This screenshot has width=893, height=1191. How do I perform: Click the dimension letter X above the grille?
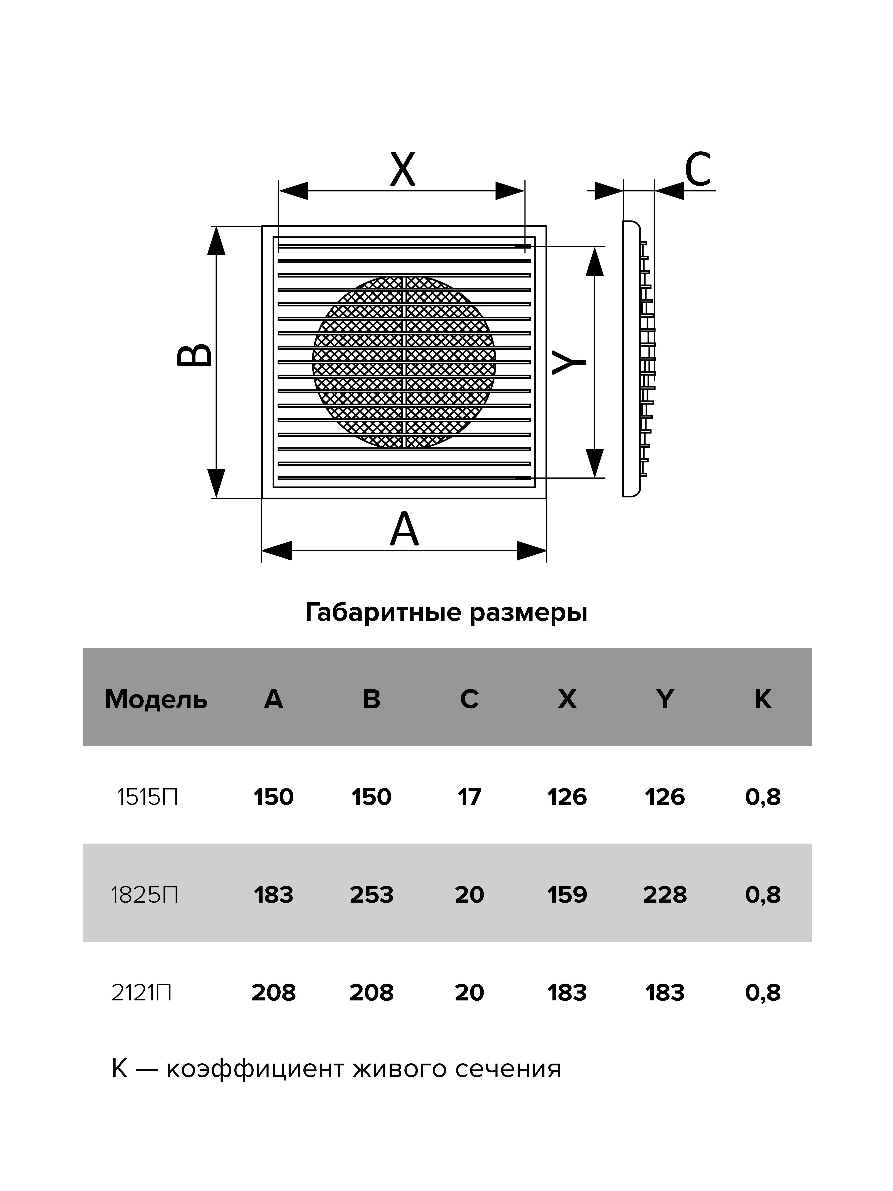(x=403, y=169)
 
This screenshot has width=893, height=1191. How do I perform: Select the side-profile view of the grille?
(x=638, y=359)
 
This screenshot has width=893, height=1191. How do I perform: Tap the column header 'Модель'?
(x=156, y=700)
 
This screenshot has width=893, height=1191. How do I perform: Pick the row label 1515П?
(x=147, y=797)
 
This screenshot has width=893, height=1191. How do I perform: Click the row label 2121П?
(x=141, y=992)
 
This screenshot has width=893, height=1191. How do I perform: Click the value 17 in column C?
(x=469, y=797)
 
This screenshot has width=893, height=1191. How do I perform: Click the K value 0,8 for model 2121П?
(x=763, y=992)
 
